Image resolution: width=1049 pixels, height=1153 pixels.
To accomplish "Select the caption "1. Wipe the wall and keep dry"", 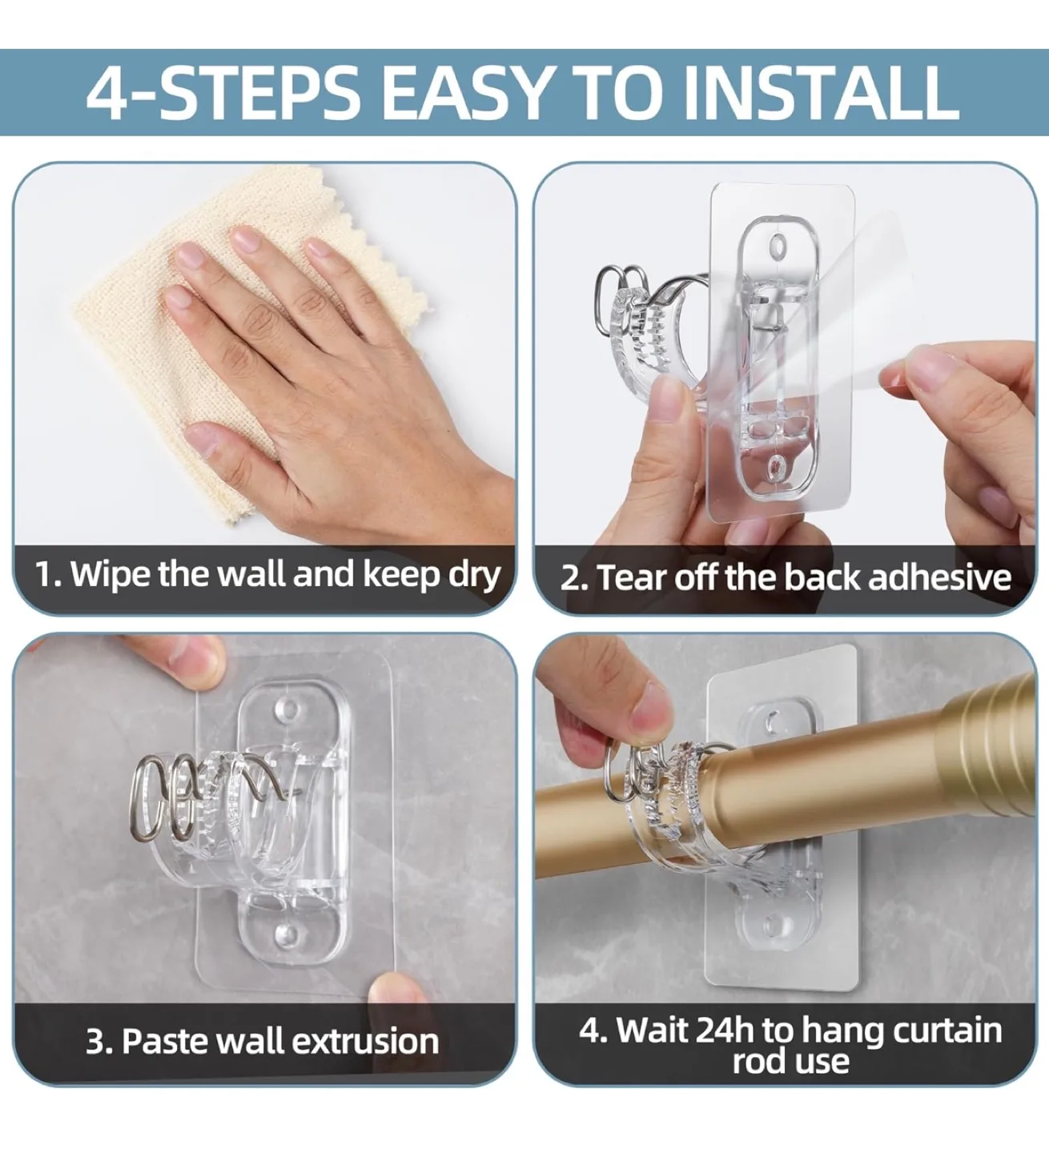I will click(x=267, y=575).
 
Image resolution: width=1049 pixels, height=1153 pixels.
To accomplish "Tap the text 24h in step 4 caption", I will click(x=725, y=1030).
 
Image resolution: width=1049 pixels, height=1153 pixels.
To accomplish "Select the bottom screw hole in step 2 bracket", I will click(x=775, y=468).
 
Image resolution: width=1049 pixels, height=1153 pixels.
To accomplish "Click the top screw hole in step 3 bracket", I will click(x=286, y=709).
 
